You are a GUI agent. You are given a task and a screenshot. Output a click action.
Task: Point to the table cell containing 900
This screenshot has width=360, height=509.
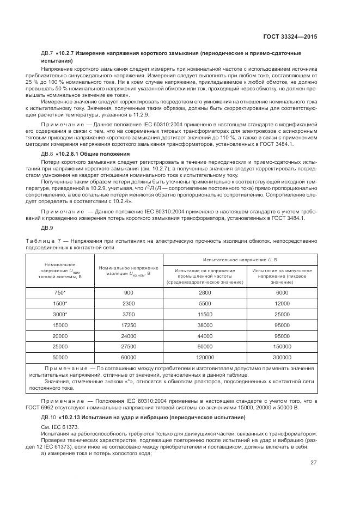click(129, 292)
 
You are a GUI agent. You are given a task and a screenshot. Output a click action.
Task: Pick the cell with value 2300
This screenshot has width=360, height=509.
click(129, 303)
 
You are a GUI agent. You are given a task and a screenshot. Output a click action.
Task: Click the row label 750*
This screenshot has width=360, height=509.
click(60, 292)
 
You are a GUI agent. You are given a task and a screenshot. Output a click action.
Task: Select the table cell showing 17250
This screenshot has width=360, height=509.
click(129, 325)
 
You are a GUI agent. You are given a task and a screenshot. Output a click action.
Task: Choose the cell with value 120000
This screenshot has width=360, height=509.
click(205, 357)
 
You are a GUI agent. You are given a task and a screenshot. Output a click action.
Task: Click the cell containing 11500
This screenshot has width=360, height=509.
click(205, 314)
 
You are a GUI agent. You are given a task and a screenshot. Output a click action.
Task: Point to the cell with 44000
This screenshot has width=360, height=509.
click(205, 336)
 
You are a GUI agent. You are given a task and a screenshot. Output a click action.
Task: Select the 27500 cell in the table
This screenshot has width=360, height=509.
click(129, 346)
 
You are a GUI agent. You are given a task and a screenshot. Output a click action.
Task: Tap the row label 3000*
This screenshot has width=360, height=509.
click(60, 314)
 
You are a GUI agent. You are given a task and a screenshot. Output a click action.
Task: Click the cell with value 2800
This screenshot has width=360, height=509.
click(205, 292)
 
